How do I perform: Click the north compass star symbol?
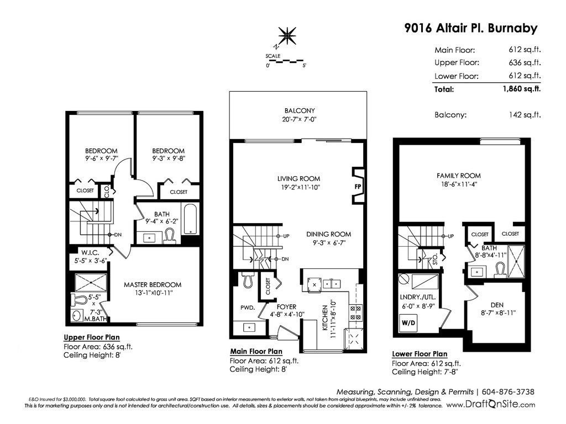[287, 36]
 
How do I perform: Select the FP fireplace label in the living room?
[358, 187]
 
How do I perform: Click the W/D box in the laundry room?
[408, 322]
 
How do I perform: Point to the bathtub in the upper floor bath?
[190, 220]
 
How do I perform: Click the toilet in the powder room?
[248, 280]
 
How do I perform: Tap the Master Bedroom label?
[153, 284]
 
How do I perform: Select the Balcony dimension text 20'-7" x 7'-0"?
[299, 119]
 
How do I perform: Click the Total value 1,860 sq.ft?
[522, 89]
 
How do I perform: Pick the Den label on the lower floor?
[497, 305]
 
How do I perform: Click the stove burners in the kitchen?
[355, 312]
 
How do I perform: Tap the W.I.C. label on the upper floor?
[90, 253]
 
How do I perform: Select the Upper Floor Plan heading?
[92, 337]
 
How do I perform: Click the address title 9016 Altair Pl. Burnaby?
[471, 28]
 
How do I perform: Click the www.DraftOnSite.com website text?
[491, 405]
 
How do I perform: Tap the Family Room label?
[458, 176]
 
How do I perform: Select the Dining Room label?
[328, 234]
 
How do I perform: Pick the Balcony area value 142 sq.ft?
[525, 115]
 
